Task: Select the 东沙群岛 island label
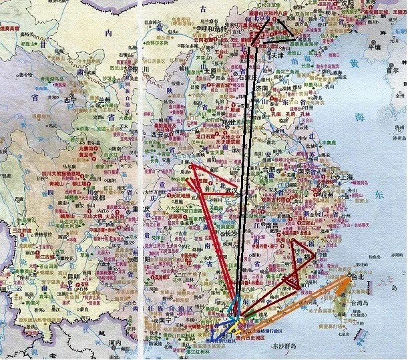pos(288,346)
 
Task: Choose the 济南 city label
pos(262,88)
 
